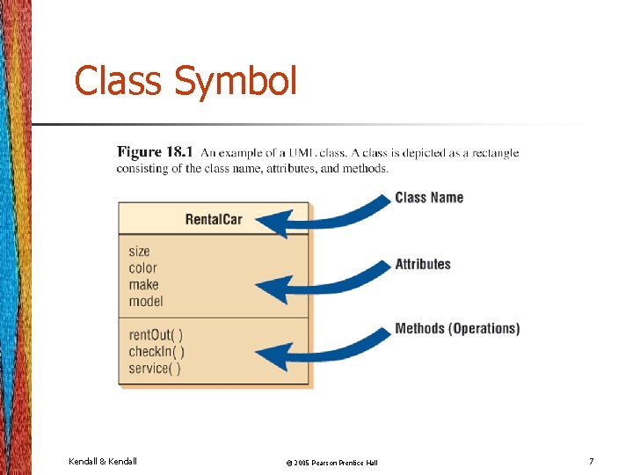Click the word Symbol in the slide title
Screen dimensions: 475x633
point(235,81)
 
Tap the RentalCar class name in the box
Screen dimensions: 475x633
point(214,219)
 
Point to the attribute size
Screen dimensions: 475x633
point(139,252)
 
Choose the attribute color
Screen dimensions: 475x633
point(142,268)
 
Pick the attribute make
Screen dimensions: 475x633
point(143,285)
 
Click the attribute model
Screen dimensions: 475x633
point(146,302)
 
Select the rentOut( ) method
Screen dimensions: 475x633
point(156,335)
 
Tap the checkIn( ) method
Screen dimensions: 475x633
point(156,352)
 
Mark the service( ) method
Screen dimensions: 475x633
point(155,369)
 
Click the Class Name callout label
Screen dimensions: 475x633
point(429,197)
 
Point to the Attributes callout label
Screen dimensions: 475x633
point(423,264)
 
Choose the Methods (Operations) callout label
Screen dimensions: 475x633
point(457,329)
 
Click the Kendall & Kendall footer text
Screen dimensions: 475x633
point(103,461)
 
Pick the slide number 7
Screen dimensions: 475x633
point(592,461)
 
